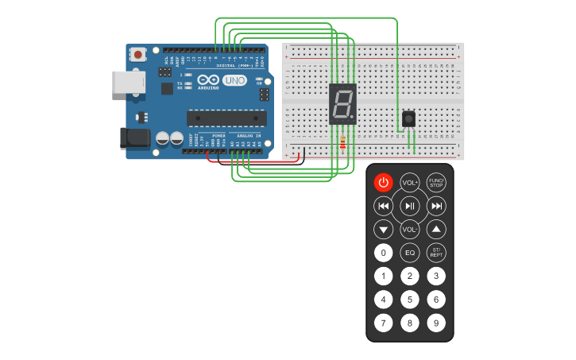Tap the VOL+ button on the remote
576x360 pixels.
tap(409, 182)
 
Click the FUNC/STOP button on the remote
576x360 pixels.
tap(436, 182)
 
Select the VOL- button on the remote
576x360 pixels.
tap(409, 230)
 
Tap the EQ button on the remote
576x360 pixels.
tap(409, 253)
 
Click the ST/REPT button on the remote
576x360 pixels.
tap(436, 253)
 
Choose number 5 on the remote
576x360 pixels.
tap(409, 300)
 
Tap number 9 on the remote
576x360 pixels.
tap(436, 323)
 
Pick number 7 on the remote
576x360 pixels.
tap(383, 323)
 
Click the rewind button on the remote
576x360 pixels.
tap(383, 207)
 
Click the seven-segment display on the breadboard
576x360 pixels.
tap(342, 103)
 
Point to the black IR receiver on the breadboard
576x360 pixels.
tap(408, 119)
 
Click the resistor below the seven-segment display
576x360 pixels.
tap(342, 142)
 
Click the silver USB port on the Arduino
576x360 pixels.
tap(127, 83)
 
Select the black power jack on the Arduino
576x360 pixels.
tap(133, 137)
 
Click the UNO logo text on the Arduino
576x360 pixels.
tap(234, 80)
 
